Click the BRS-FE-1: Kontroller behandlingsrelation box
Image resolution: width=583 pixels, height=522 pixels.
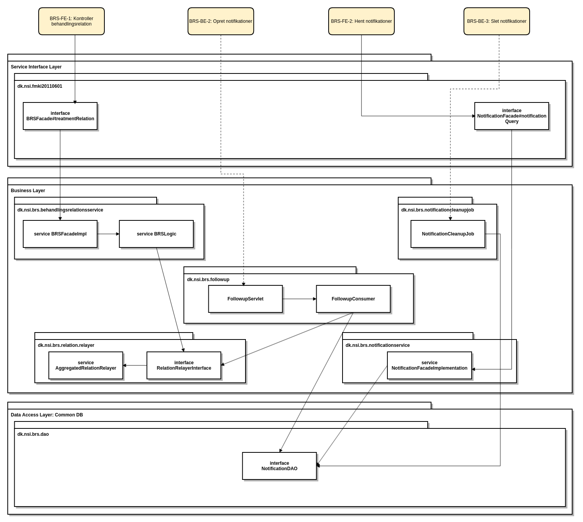pos(72,21)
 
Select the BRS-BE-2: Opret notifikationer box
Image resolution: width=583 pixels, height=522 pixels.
pos(221,21)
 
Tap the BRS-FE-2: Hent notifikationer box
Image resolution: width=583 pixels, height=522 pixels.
pos(361,21)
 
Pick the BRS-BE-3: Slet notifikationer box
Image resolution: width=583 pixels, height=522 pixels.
pos(497,21)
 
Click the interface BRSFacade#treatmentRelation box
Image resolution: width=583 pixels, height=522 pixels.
pos(60,116)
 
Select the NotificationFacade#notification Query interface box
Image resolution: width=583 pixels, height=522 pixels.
pos(511,116)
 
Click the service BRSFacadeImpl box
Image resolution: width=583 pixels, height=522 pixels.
pos(60,234)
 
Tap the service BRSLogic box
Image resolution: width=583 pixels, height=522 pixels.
pos(156,234)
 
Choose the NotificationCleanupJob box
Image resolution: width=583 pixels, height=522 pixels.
pos(448,234)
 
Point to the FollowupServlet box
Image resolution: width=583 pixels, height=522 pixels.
pos(245,299)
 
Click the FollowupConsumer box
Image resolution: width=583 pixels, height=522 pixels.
pos(353,299)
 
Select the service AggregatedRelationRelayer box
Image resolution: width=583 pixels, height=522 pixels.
pos(86,365)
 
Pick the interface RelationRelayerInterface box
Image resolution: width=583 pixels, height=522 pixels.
pos(184,365)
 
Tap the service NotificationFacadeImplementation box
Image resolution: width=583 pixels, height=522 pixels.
pos(430,365)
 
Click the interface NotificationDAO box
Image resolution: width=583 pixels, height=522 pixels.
pos(280,466)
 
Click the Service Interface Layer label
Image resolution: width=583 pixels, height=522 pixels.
pos(36,67)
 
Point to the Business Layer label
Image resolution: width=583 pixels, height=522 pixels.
pos(28,191)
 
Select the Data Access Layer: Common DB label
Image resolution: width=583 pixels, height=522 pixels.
pos(47,415)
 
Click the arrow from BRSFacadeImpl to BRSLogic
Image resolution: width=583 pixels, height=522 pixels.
pos(108,234)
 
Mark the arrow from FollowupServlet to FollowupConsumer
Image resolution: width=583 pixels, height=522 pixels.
pos(299,299)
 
